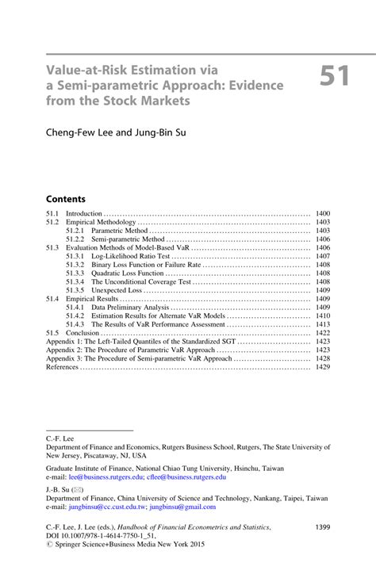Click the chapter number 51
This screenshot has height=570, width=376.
pos(337,77)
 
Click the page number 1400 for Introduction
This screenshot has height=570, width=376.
pos(322,214)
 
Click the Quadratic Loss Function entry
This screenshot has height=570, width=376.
pos(125,274)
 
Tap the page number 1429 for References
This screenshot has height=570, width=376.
pos(322,367)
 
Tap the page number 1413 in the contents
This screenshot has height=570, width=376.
pos(322,324)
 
